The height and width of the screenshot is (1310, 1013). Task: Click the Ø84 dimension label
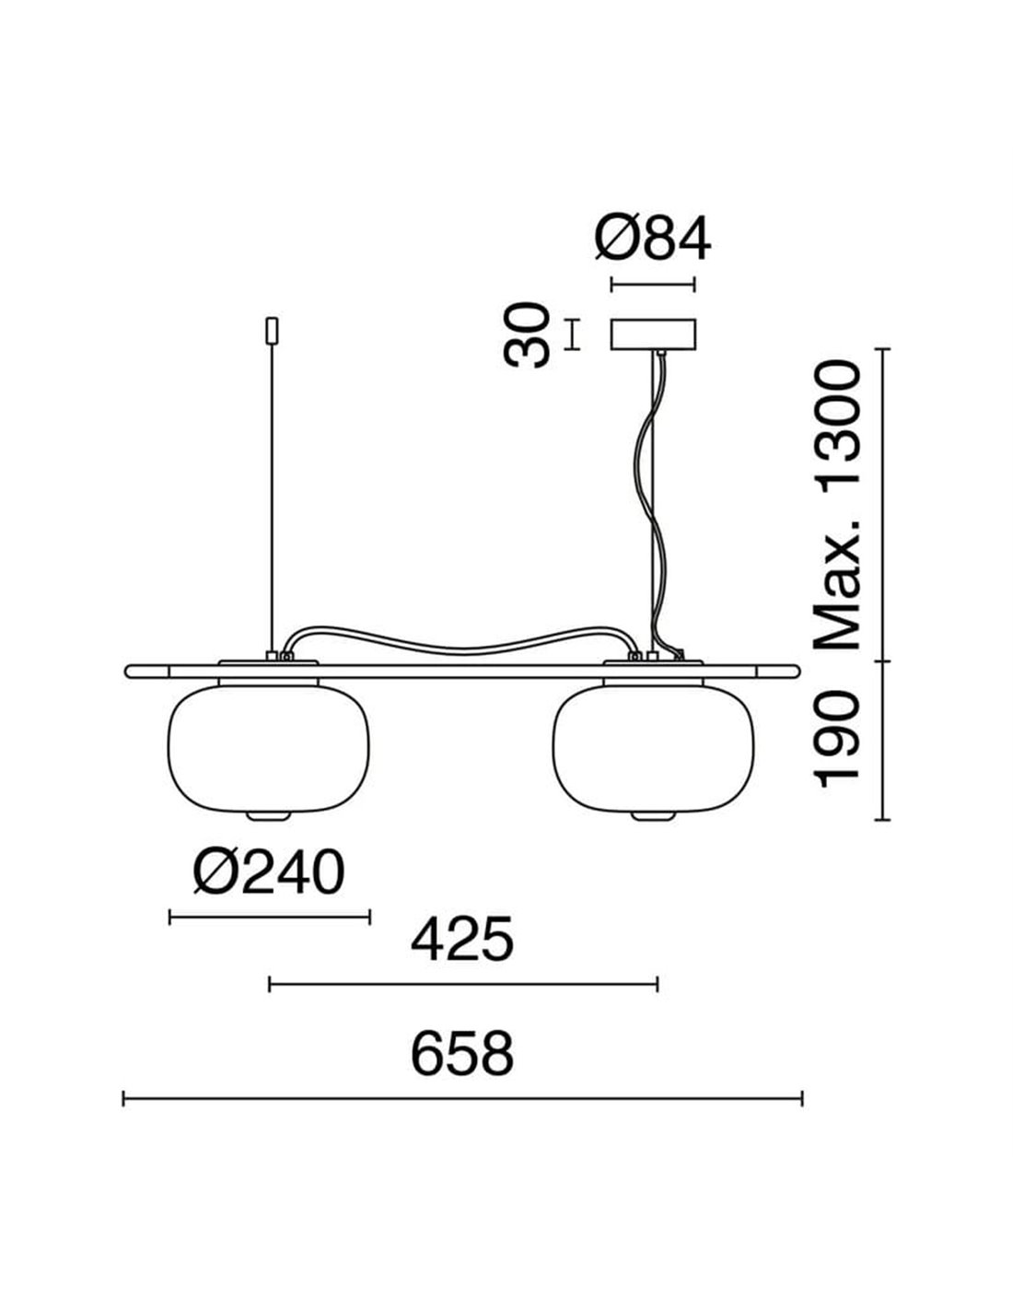(653, 240)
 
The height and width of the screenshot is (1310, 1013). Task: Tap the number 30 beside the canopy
(527, 335)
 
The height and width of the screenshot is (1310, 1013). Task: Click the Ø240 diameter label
(269, 872)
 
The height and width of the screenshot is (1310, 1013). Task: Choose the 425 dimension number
(462, 940)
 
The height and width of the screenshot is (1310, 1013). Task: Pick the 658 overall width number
(462, 1054)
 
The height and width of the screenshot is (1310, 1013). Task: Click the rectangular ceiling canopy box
(653, 334)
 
